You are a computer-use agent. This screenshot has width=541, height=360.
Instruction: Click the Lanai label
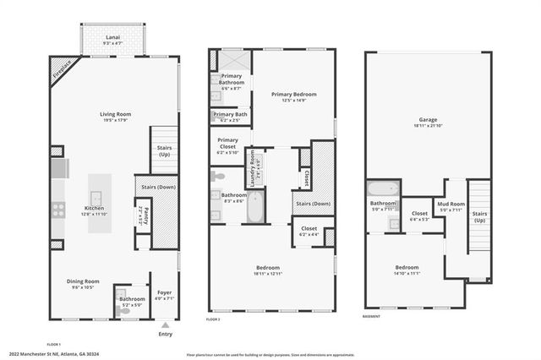click(x=112, y=38)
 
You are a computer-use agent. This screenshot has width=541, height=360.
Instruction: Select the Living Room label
click(x=112, y=116)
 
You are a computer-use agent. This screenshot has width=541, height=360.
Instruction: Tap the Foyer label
click(x=164, y=295)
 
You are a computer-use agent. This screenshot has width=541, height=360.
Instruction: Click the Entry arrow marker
click(x=166, y=323)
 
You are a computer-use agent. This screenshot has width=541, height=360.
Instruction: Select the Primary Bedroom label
click(x=293, y=96)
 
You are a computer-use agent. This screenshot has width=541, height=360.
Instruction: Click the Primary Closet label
click(x=228, y=145)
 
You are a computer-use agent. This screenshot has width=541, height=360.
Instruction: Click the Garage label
click(x=427, y=122)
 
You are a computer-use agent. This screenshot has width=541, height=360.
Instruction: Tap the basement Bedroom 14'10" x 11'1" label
click(x=407, y=270)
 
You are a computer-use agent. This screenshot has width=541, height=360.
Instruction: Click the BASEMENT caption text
click(x=371, y=317)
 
